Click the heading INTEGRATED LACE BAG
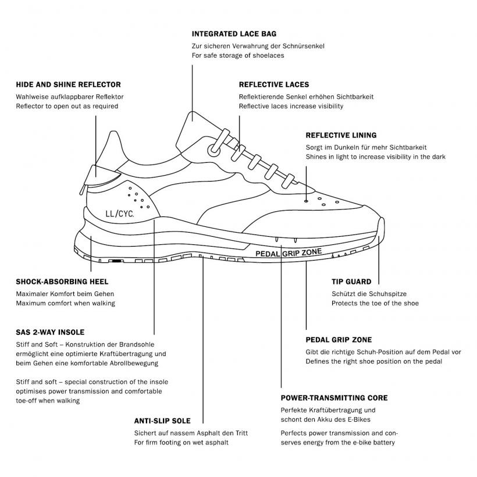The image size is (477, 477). [x=234, y=34]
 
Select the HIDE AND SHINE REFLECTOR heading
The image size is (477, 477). [x=69, y=84]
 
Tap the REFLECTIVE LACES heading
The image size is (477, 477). [x=274, y=84]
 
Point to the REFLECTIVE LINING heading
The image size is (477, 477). [x=341, y=135]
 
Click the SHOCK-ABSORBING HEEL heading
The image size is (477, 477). [x=62, y=282]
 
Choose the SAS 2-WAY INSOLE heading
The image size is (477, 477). [x=50, y=332]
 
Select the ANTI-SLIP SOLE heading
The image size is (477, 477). [x=162, y=421]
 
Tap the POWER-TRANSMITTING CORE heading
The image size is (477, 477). [x=334, y=398]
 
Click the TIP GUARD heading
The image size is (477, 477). [x=351, y=282]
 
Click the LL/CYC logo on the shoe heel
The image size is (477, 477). [x=120, y=213]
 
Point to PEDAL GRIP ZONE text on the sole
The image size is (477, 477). [x=289, y=253]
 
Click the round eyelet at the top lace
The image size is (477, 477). [x=214, y=150]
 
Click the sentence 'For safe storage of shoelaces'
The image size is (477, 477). [x=238, y=55]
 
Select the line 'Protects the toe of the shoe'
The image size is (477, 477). [x=375, y=303]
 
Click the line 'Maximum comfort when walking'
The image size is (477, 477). [x=65, y=303]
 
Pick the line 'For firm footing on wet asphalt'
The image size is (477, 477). [x=181, y=442]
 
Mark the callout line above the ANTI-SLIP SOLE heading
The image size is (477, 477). [x=203, y=340]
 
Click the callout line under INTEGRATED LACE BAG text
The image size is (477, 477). [x=193, y=93]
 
